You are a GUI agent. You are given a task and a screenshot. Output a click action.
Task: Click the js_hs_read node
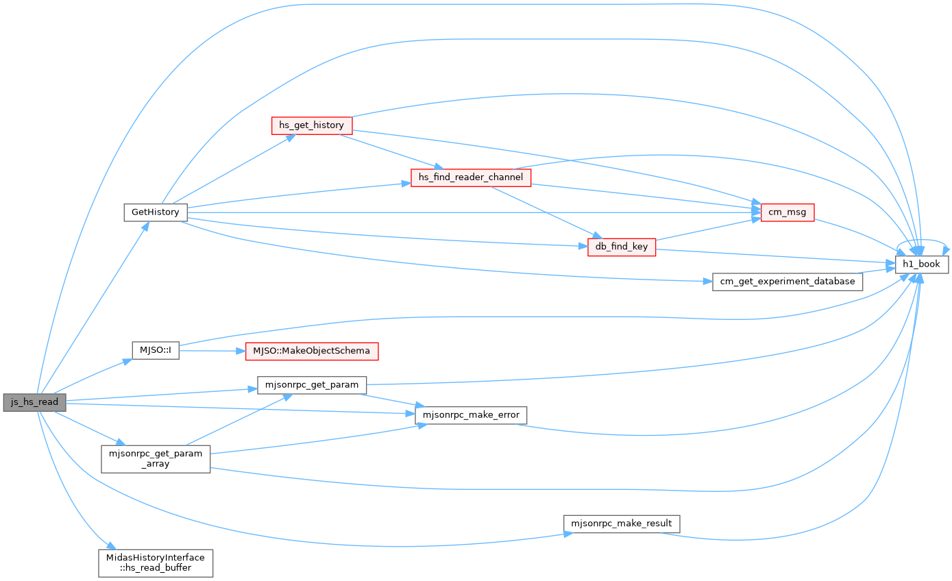[x=34, y=402]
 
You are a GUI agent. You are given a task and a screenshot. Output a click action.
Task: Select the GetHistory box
[x=156, y=212]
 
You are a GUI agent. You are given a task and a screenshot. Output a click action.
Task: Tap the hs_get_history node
[x=312, y=125]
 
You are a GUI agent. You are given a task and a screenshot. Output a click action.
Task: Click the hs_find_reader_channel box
[x=471, y=177]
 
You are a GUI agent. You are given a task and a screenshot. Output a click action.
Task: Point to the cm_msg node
[x=788, y=212]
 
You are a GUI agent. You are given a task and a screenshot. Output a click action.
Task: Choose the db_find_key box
[x=622, y=247]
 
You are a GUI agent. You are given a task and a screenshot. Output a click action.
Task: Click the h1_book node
[x=922, y=264]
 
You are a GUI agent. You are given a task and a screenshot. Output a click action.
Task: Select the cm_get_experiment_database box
[x=788, y=282]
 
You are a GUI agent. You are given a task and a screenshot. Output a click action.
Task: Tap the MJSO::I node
[x=156, y=351]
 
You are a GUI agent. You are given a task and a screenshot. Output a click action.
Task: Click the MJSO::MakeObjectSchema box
[x=312, y=351]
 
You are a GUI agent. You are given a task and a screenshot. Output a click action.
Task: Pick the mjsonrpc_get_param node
[x=312, y=385]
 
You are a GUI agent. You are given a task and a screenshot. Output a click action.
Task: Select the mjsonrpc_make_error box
[x=471, y=415]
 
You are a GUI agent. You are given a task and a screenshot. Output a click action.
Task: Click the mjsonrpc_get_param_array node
[x=156, y=459]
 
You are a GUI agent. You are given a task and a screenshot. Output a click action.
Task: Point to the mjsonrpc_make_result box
[x=622, y=524]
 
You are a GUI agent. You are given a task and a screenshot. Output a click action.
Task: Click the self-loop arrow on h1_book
[x=923, y=240]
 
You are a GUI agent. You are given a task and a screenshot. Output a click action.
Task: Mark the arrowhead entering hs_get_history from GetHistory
[x=291, y=138]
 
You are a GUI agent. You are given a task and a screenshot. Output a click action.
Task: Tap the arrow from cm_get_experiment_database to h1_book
[x=875, y=271]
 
